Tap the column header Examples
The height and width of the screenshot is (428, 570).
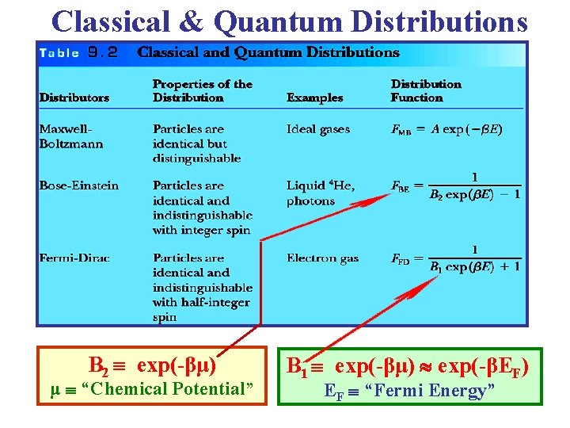pyautogui.click(x=315, y=97)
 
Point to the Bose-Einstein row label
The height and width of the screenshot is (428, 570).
pyautogui.click(x=79, y=185)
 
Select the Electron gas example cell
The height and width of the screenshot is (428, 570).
pyautogui.click(x=322, y=258)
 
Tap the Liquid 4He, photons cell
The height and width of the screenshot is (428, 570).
pyautogui.click(x=321, y=193)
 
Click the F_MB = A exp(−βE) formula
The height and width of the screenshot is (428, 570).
pyautogui.click(x=446, y=129)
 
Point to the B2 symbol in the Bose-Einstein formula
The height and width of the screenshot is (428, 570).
pyautogui.click(x=437, y=194)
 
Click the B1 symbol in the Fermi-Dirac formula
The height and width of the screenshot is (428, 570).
pyautogui.click(x=435, y=267)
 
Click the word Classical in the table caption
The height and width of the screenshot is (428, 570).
pyautogui.click(x=166, y=53)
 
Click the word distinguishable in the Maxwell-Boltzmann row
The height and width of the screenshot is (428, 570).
pyautogui.click(x=196, y=158)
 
